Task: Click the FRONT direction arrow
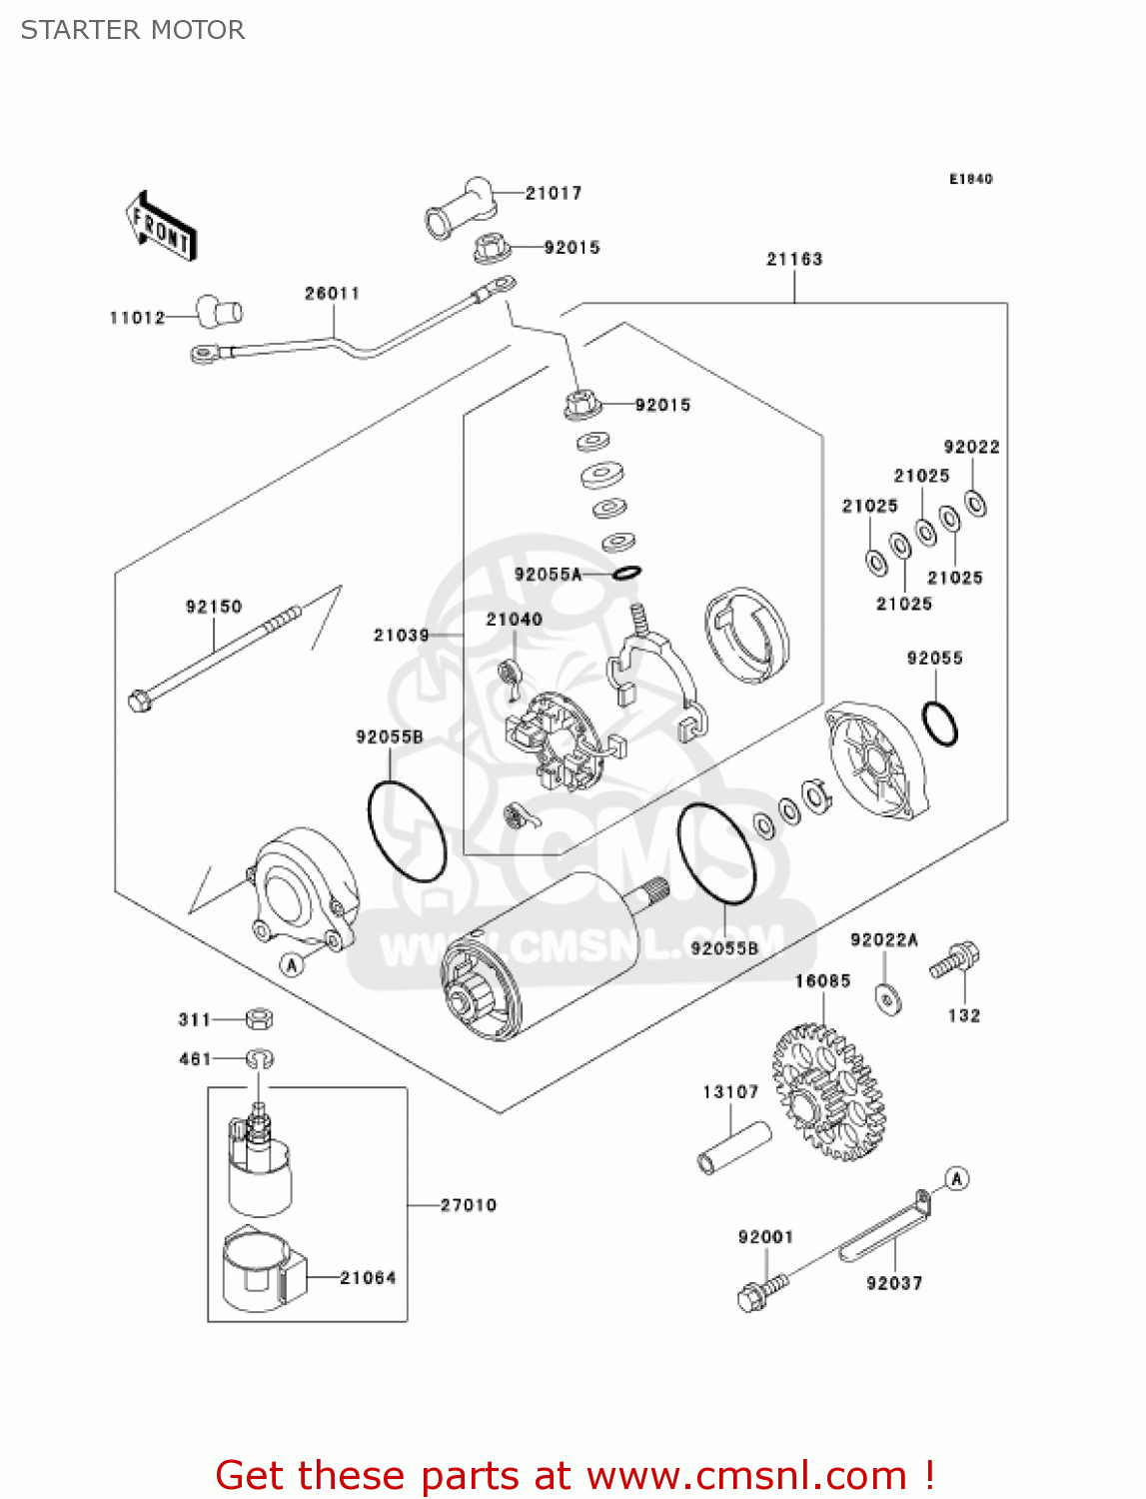point(161,227)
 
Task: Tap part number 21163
point(794,259)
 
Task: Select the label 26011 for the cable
point(332,293)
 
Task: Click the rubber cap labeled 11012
point(219,312)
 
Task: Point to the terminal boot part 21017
point(460,208)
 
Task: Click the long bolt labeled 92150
point(214,654)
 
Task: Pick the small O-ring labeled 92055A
point(626,573)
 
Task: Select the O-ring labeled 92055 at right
point(939,724)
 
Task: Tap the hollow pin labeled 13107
point(734,1148)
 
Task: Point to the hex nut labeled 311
point(259,1019)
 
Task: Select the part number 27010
point(469,1205)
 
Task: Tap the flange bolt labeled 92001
point(756,1293)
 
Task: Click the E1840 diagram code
point(970,179)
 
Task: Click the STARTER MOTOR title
point(133,30)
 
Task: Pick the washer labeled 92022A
point(887,997)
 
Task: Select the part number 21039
point(401,636)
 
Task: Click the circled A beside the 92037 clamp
point(956,1179)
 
